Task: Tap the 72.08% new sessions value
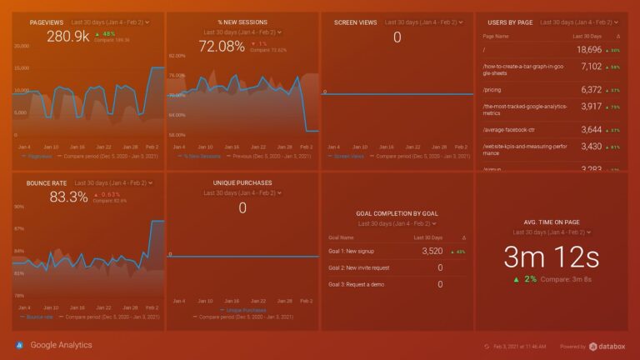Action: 222,47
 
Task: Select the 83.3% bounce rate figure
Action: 69,197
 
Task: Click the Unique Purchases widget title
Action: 242,182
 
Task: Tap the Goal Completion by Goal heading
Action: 397,213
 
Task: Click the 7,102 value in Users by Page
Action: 590,67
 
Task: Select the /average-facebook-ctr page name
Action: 512,130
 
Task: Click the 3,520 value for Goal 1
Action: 432,250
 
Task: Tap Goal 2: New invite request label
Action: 359,267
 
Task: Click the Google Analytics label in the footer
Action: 62,345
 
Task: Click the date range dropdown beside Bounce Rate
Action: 112,182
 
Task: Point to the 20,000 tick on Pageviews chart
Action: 21,46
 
